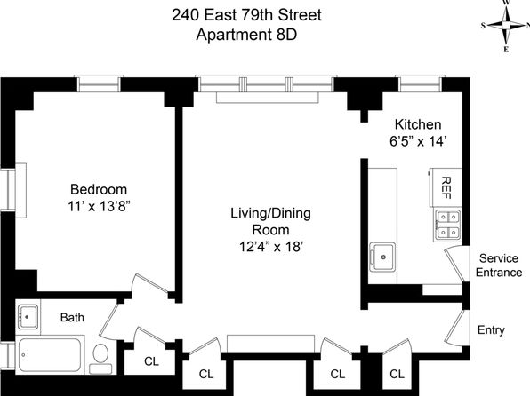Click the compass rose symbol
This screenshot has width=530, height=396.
tap(506, 26)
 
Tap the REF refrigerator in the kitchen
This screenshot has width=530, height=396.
tap(446, 187)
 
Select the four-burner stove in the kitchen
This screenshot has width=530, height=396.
tap(448, 225)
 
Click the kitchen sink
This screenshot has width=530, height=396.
tap(382, 257)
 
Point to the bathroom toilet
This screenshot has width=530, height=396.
tap(100, 359)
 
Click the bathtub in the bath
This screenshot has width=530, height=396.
tap(50, 355)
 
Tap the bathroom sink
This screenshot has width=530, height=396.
tap(28, 316)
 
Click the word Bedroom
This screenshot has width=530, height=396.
tap(99, 189)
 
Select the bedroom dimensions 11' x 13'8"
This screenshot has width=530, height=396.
tap(99, 206)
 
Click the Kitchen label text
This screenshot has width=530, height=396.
tap(418, 124)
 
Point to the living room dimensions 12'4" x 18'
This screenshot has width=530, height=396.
tap(270, 247)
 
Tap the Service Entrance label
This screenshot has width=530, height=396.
tap(499, 265)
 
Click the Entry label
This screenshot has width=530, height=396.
tap(491, 329)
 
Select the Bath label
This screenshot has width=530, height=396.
tap(72, 317)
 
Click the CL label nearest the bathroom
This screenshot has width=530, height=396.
tap(151, 361)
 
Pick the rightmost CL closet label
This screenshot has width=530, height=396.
tap(397, 374)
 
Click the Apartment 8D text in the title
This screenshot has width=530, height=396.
tap(246, 35)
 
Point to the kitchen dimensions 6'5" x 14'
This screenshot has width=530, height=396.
tap(419, 141)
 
